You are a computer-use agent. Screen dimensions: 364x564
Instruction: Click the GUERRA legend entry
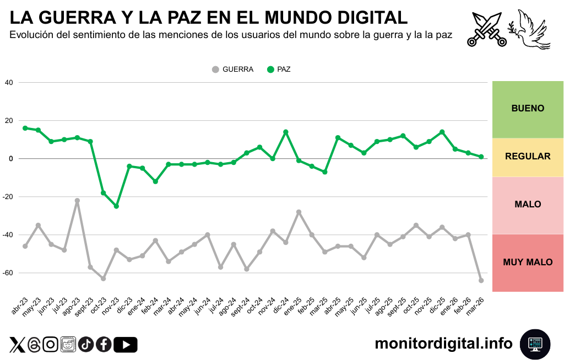232,69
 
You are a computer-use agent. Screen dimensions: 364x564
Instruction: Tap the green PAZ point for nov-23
116,206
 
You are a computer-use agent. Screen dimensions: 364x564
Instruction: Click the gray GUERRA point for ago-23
77,201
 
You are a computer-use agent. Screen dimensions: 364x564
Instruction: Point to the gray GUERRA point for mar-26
481,281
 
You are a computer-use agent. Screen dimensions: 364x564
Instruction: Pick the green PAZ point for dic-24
285,132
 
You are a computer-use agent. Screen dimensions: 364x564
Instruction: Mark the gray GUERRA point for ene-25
299,212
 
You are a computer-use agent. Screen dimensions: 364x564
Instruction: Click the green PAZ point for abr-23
25,128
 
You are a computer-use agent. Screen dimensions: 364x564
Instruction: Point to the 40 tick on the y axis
8,83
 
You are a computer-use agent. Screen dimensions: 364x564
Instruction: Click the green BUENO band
528,109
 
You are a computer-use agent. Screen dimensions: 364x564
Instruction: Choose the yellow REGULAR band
528,157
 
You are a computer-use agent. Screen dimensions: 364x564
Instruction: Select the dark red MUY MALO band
528,263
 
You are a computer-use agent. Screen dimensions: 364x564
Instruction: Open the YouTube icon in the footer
126,345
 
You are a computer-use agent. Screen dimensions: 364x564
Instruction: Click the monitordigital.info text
443,344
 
